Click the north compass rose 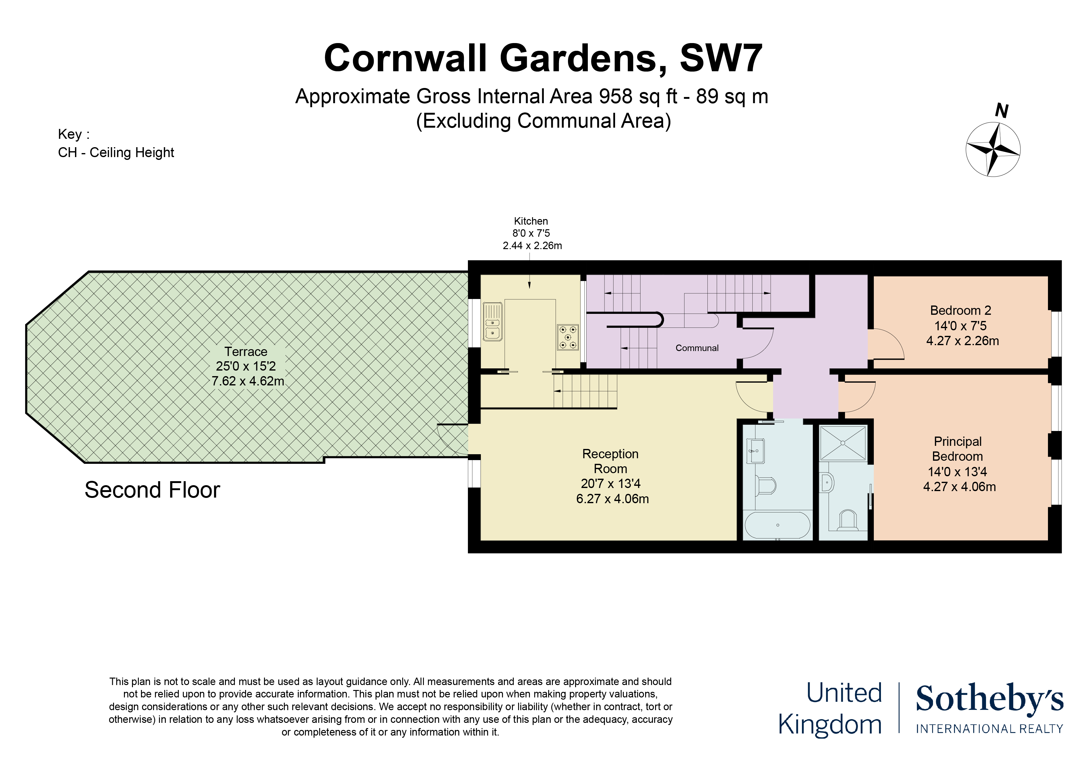tap(993, 150)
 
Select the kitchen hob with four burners tap(568, 337)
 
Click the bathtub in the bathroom tap(777, 525)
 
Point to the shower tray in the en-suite tap(843, 443)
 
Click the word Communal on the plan tap(697, 348)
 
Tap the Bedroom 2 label tap(961, 311)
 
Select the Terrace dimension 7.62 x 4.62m tap(248, 381)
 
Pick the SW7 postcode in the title tap(721, 58)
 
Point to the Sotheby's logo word tap(989, 699)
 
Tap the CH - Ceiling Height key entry tap(116, 152)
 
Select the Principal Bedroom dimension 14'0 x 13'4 tap(957, 472)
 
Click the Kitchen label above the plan tap(531, 221)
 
